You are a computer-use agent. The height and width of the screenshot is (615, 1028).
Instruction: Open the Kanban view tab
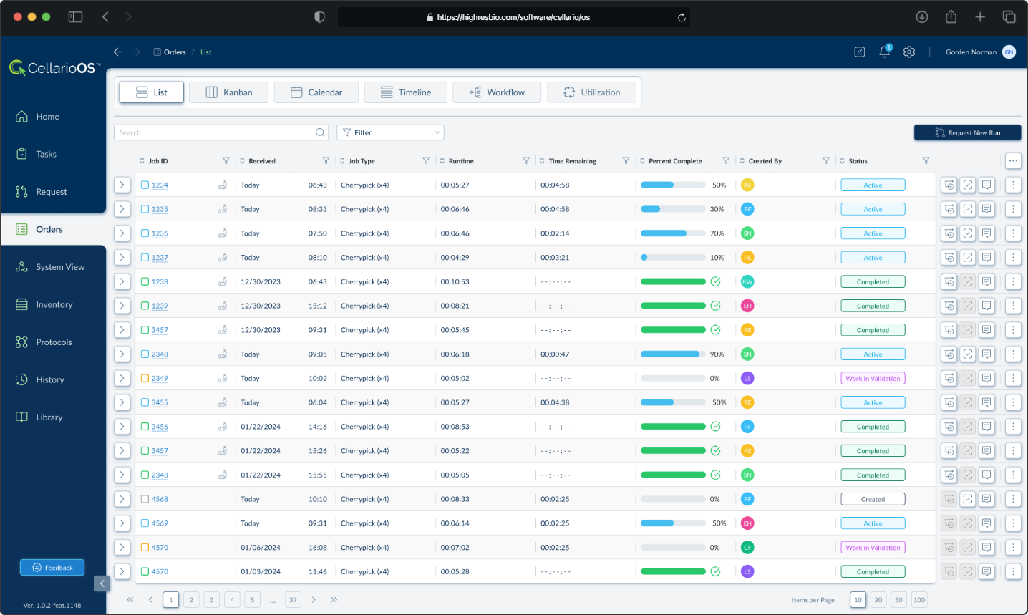pos(229,92)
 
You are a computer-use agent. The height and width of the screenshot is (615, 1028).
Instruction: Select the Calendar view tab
pos(316,92)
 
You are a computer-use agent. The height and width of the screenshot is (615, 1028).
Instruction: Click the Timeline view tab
pos(406,92)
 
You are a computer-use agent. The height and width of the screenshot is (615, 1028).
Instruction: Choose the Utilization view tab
pos(591,92)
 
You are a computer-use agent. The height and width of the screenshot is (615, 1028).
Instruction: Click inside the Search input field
pos(215,132)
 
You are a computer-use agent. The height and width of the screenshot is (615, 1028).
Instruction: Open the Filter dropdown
pos(390,132)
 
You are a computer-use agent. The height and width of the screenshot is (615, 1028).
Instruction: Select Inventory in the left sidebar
pos(54,304)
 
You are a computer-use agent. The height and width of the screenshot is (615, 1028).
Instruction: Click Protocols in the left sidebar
pos(54,342)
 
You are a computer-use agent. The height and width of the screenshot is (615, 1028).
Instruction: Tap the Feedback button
pos(52,568)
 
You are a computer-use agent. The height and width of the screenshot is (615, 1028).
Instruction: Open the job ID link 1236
pos(160,233)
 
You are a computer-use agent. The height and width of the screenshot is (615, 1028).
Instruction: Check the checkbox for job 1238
pos(145,281)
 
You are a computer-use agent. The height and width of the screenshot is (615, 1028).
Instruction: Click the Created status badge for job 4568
pos(873,499)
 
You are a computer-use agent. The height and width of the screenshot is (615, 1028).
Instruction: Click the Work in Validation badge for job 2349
pos(873,378)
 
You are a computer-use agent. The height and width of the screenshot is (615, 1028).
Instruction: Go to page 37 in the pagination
pos(293,600)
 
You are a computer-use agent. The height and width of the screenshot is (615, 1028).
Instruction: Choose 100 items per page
pos(919,600)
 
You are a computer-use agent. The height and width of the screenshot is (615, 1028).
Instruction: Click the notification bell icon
pos(885,52)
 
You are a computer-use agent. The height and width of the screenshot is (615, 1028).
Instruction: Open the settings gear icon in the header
pos(909,52)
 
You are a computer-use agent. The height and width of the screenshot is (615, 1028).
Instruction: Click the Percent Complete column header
pos(674,161)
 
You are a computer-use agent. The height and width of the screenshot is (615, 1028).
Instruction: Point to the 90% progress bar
pos(673,354)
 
